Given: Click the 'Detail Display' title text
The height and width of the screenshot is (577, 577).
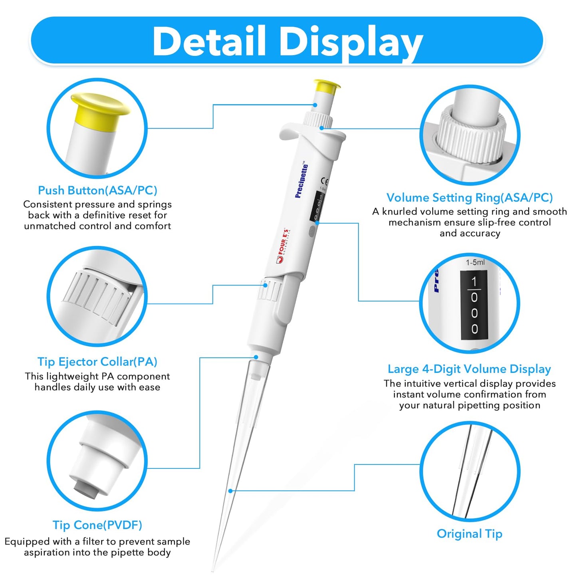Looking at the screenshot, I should click(288, 42).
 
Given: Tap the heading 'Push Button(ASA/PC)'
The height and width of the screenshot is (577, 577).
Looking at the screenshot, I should click(97, 190).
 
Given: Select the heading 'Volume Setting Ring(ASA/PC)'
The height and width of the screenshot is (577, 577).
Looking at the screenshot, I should click(470, 198).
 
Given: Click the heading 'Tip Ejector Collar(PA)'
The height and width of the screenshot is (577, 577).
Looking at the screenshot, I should click(97, 362).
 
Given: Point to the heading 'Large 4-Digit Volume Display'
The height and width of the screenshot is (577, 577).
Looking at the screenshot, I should click(470, 369).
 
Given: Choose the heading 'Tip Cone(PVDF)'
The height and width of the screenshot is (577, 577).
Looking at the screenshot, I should click(97, 525).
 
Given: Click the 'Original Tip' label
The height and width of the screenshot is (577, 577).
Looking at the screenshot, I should click(470, 534).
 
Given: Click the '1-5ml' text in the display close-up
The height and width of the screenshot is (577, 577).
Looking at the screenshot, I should click(475, 262).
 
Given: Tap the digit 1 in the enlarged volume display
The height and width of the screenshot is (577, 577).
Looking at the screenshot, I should click(474, 282).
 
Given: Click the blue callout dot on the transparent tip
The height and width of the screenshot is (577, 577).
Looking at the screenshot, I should click(230, 491).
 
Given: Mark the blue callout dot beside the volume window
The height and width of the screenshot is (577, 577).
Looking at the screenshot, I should click(317, 223).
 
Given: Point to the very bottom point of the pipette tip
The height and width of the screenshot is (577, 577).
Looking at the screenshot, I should click(213, 570).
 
